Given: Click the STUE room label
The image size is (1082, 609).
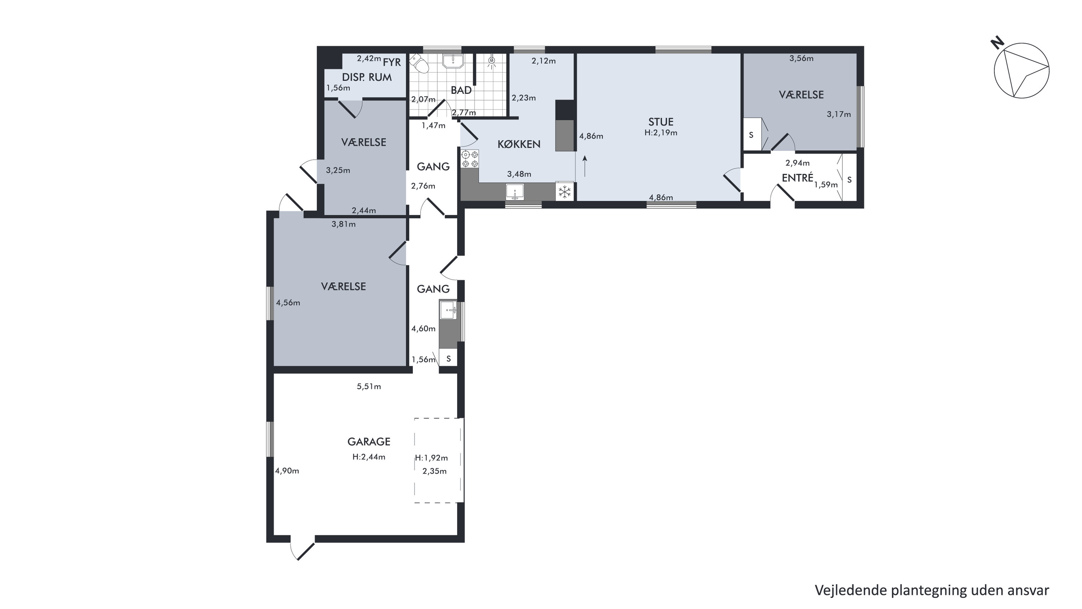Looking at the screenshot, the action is click(661, 122).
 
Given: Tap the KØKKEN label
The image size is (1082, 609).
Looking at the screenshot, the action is click(519, 144).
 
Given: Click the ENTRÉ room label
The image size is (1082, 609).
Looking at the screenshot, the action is click(797, 178).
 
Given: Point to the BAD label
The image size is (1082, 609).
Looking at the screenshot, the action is click(461, 90).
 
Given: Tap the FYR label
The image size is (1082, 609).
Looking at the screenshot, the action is click(392, 62).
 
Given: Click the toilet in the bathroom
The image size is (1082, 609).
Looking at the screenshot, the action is click(420, 64).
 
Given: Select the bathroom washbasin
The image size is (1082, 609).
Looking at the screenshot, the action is click(453, 61).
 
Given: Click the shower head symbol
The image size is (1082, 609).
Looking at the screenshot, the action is click(491, 62).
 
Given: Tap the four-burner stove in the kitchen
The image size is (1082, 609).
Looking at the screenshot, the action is click(470, 159).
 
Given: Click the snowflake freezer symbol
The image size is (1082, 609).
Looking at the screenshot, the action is click(565, 192).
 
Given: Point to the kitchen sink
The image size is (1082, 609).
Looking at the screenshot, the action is click(514, 192).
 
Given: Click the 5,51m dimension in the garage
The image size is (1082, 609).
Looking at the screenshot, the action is click(369, 386).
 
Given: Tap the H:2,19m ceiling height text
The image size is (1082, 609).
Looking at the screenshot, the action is click(661, 133).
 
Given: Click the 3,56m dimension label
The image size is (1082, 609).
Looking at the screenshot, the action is click(801, 58).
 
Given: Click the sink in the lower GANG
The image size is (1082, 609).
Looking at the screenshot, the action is click(448, 310).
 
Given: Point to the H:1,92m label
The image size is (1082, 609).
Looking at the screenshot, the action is click(432, 458).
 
